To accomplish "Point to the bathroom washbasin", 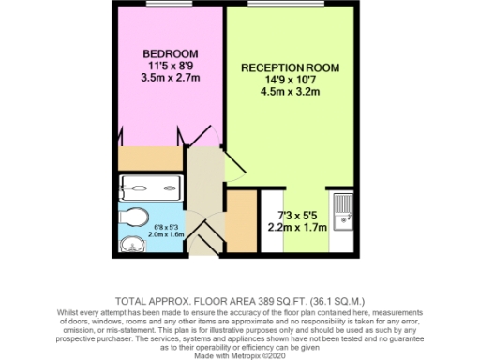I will click(x=130, y=246).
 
